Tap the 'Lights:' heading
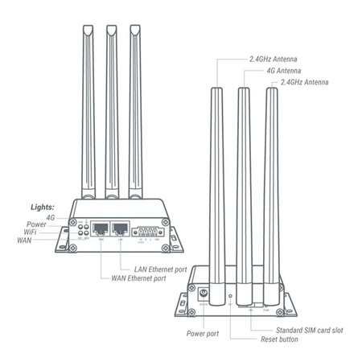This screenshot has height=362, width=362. [x=43, y=206]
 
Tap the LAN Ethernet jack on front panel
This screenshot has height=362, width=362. [x=121, y=229]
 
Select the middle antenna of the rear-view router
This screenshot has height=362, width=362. [x=244, y=185]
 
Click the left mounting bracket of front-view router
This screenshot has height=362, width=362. [x=60, y=240]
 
